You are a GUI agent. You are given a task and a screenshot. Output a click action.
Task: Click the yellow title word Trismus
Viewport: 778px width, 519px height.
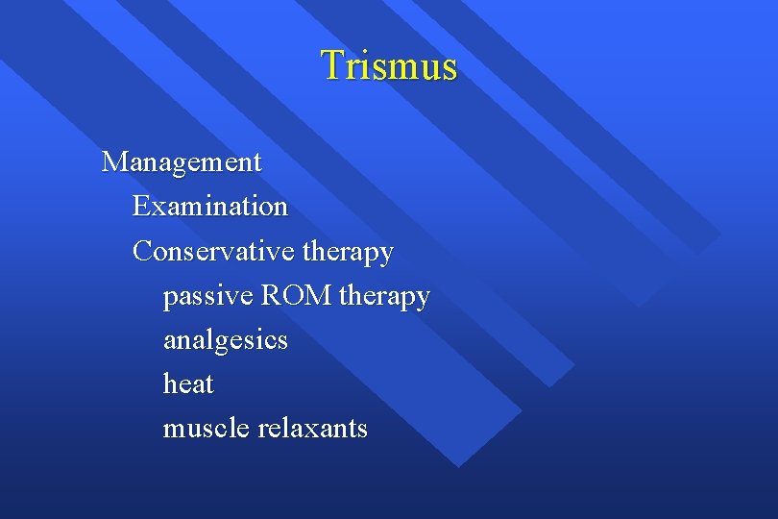pos(389,65)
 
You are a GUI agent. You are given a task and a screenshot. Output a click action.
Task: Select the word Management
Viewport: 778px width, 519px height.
pos(182,161)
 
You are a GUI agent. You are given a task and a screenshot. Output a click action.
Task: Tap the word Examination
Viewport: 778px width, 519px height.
pos(210,206)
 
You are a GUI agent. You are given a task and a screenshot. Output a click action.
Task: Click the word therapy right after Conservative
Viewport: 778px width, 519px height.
pos(348,253)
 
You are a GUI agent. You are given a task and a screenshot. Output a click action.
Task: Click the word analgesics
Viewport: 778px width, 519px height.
pos(225,341)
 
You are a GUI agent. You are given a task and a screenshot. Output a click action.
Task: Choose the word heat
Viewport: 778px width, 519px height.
pos(188,384)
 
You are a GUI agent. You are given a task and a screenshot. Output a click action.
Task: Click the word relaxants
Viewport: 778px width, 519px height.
pos(313,428)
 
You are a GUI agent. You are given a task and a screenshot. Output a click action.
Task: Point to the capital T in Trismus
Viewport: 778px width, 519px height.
pos(332,64)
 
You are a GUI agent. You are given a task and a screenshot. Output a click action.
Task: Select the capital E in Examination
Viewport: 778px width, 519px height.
pos(141,206)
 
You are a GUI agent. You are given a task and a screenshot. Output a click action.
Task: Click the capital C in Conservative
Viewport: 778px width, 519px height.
pos(143,251)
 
